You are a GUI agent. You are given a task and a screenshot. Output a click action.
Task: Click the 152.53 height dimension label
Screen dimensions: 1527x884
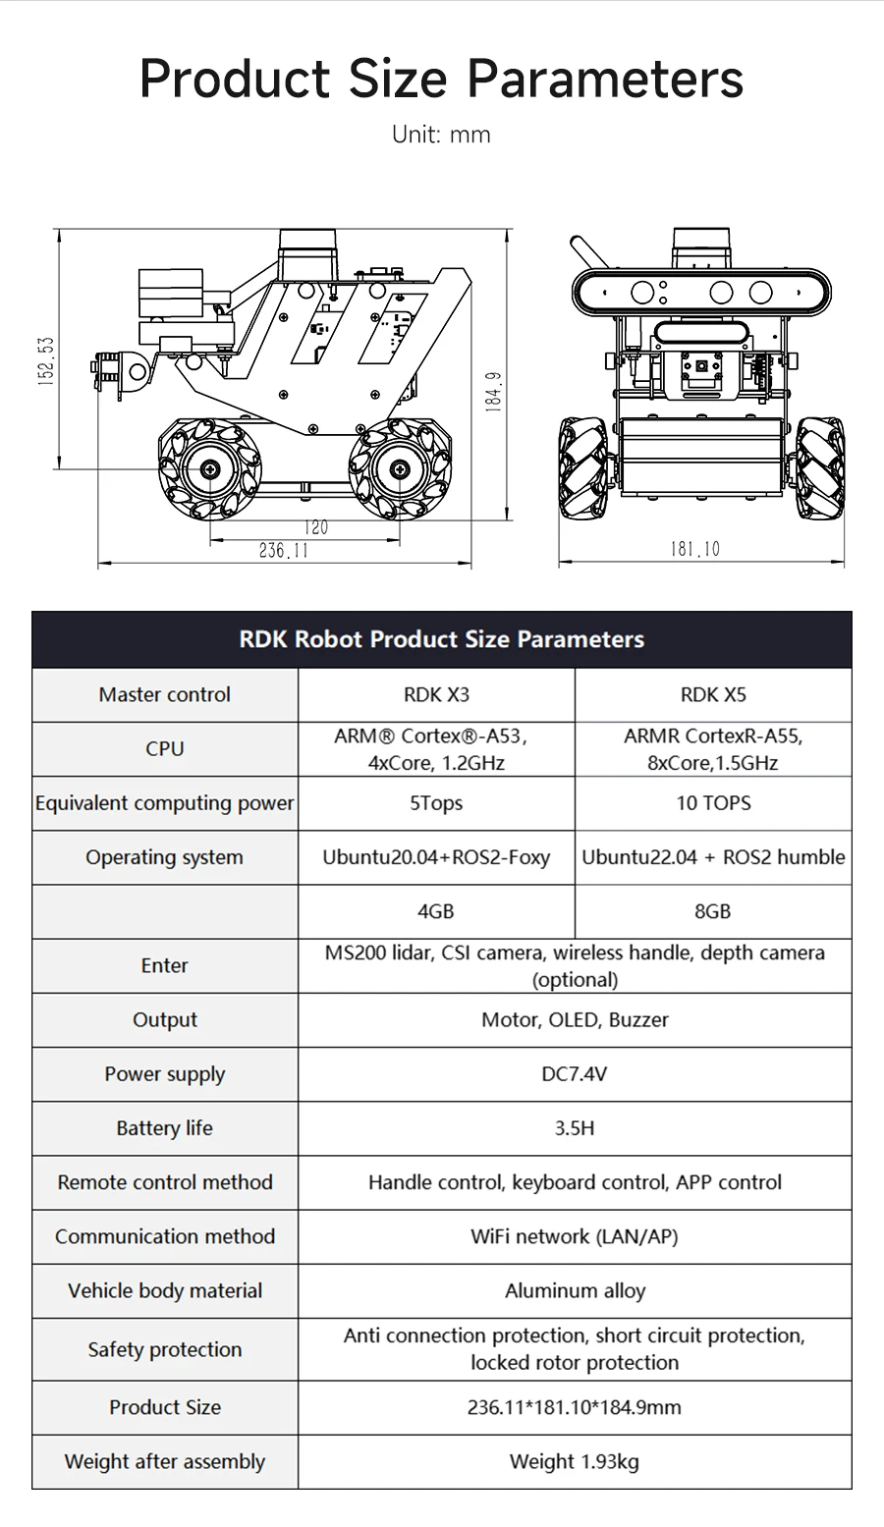(x=45, y=361)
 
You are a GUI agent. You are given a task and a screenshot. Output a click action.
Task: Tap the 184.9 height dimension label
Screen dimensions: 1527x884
(x=494, y=390)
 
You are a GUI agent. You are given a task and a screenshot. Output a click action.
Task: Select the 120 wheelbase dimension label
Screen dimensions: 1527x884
(x=315, y=527)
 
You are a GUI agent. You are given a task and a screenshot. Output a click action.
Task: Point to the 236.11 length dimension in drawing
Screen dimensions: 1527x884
(x=283, y=551)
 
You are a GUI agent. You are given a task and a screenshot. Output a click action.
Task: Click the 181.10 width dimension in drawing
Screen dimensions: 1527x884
(x=694, y=549)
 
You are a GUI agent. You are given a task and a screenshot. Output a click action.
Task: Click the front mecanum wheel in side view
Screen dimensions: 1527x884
(x=211, y=470)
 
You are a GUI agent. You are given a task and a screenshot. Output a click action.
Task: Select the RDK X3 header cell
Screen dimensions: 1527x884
(x=436, y=694)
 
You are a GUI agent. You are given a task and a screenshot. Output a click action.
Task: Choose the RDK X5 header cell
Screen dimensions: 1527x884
(x=713, y=694)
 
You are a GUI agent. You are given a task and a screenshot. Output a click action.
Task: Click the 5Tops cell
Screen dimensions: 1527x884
(x=436, y=803)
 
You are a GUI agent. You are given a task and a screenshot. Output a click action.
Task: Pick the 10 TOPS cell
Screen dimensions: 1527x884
(x=713, y=803)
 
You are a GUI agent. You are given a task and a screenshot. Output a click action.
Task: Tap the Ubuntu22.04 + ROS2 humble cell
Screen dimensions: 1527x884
(x=713, y=857)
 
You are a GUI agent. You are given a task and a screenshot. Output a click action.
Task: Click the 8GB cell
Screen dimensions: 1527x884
(x=713, y=911)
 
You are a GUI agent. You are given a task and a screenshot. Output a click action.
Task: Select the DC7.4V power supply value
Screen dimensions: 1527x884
(x=575, y=1073)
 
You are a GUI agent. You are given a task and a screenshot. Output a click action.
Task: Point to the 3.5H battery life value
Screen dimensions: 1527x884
(x=575, y=1128)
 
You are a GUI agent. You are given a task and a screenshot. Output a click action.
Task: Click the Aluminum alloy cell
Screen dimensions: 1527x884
(x=575, y=1290)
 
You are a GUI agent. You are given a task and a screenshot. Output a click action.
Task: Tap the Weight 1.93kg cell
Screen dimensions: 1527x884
(x=575, y=1461)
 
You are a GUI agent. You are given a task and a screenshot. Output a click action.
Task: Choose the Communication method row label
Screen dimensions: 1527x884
(x=165, y=1236)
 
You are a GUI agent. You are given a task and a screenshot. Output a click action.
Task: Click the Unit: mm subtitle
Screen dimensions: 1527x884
(x=441, y=135)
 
